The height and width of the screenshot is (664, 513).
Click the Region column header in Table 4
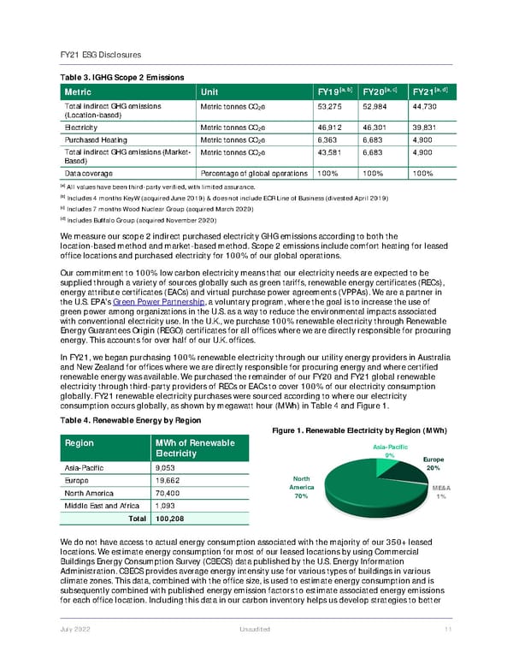(x=80, y=442)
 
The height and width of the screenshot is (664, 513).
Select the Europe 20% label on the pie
(x=433, y=463)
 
